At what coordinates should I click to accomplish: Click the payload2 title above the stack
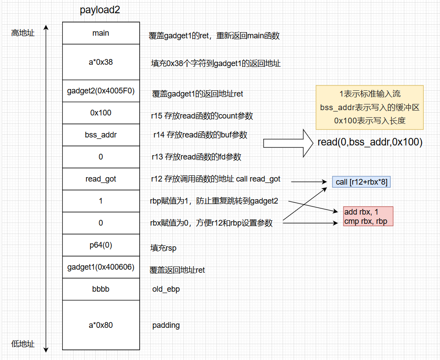pyautogui.click(x=100, y=10)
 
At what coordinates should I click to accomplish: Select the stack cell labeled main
pyautogui.click(x=101, y=33)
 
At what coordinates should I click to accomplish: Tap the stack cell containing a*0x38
pyautogui.click(x=101, y=62)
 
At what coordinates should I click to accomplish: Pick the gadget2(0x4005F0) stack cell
pyautogui.click(x=101, y=91)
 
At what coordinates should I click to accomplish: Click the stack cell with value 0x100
pyautogui.click(x=101, y=113)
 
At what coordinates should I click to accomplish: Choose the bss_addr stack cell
pyautogui.click(x=101, y=135)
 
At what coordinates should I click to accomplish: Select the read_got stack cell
pyautogui.click(x=101, y=179)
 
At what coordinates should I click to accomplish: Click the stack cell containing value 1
pyautogui.click(x=101, y=201)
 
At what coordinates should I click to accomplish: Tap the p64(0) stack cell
pyautogui.click(x=101, y=245)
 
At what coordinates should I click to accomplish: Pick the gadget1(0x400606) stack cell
pyautogui.click(x=101, y=267)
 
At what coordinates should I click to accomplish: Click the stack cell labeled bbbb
pyautogui.click(x=101, y=289)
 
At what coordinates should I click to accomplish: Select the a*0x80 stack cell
pyautogui.click(x=101, y=325)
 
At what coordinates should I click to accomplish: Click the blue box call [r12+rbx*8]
pyautogui.click(x=362, y=182)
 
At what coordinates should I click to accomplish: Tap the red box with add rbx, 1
pyautogui.click(x=368, y=216)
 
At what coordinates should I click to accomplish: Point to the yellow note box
pyautogui.click(x=369, y=107)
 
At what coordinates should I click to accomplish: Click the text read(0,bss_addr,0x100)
pyautogui.click(x=370, y=142)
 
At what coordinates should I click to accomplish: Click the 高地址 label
pyautogui.click(x=23, y=33)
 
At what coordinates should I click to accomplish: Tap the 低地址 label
pyautogui.click(x=23, y=344)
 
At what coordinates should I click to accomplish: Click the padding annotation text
pyautogui.click(x=166, y=326)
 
